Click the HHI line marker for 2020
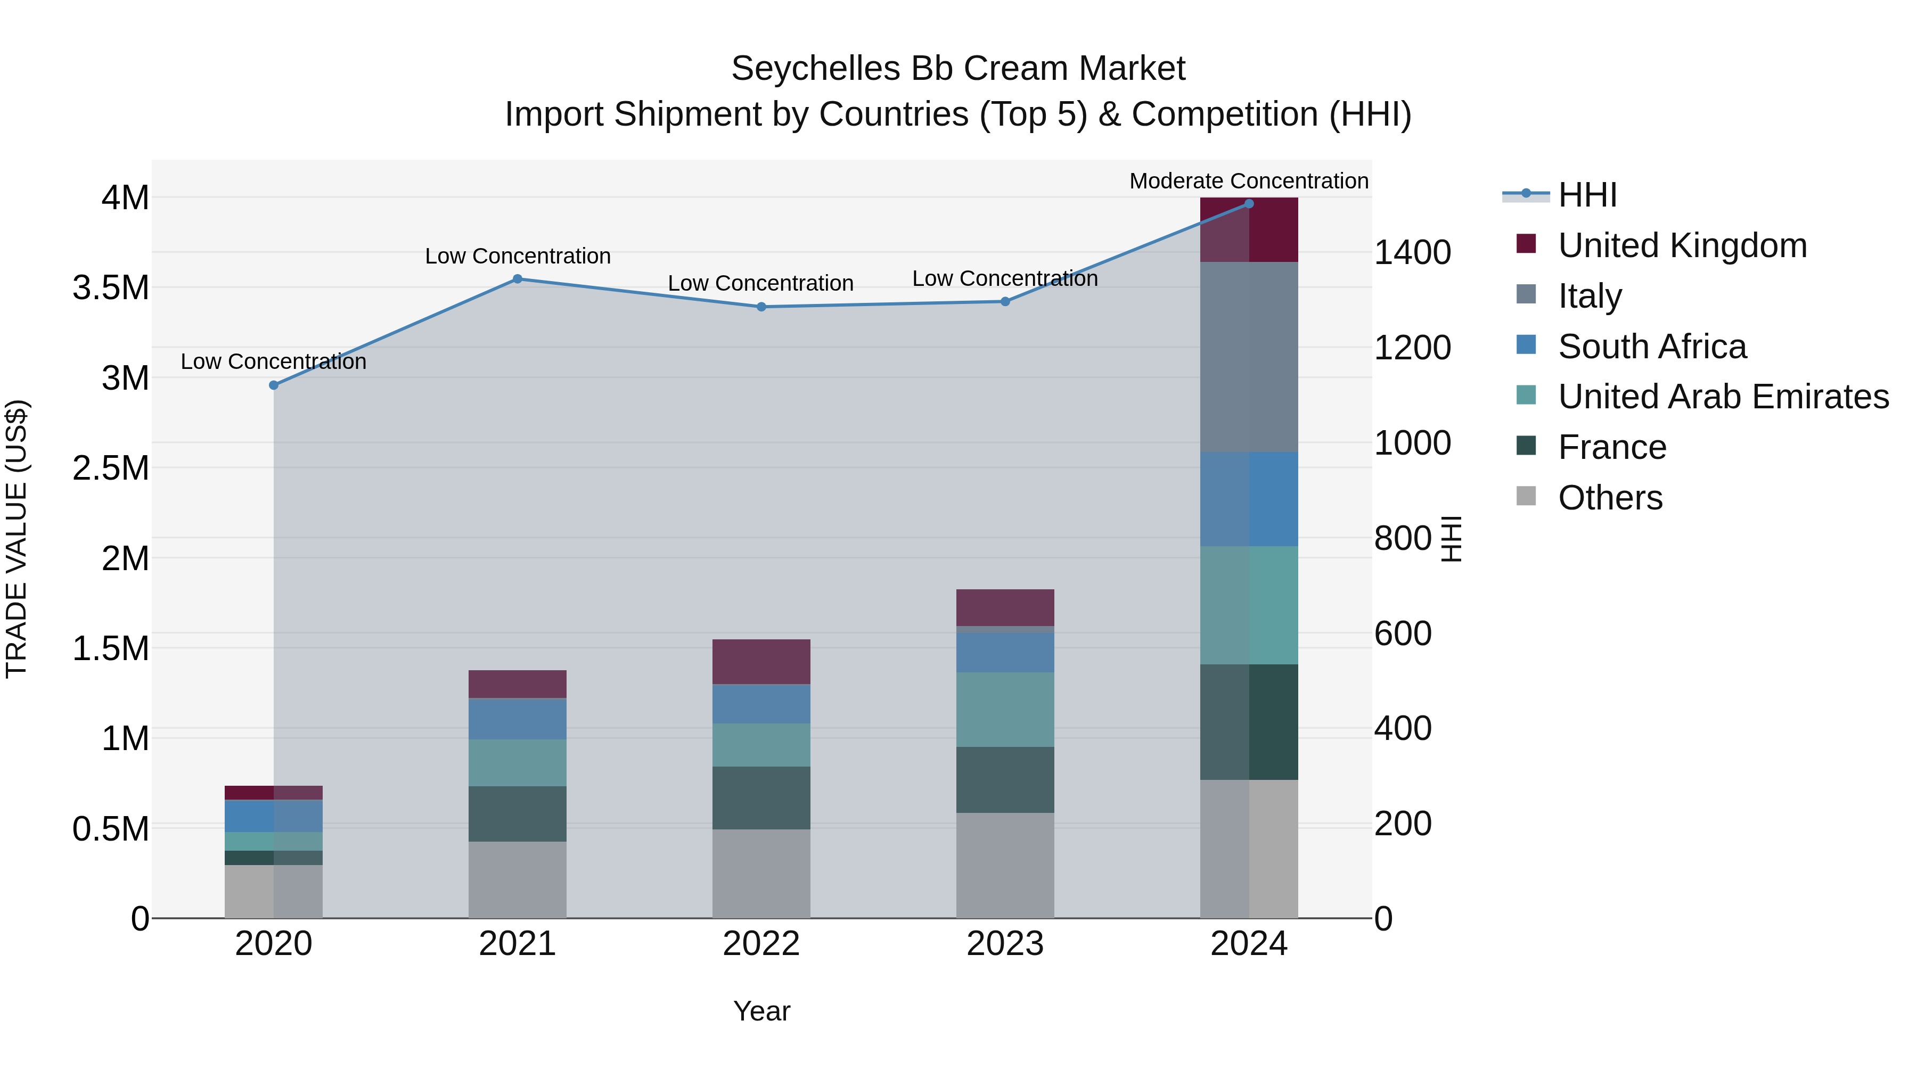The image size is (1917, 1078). [x=274, y=385]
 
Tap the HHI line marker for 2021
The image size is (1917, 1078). [x=518, y=279]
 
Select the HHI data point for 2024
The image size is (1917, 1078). [x=1249, y=204]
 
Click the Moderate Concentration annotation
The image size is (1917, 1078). [x=1249, y=181]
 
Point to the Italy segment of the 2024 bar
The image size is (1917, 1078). [x=1249, y=357]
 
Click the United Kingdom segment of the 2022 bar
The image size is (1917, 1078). [x=761, y=661]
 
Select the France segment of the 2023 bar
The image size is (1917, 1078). [x=1005, y=780]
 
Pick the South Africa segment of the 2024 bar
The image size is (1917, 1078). [x=1249, y=499]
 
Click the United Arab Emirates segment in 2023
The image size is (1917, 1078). [x=1005, y=710]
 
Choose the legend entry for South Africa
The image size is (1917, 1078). [x=1651, y=347]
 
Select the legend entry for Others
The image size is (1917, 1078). [x=1610, y=498]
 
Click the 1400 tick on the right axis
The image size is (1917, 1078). [x=1412, y=252]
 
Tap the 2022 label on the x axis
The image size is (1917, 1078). [x=761, y=944]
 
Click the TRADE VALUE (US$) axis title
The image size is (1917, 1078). [x=17, y=539]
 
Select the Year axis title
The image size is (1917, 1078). [x=761, y=1011]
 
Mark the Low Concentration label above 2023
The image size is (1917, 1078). [x=1005, y=278]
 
